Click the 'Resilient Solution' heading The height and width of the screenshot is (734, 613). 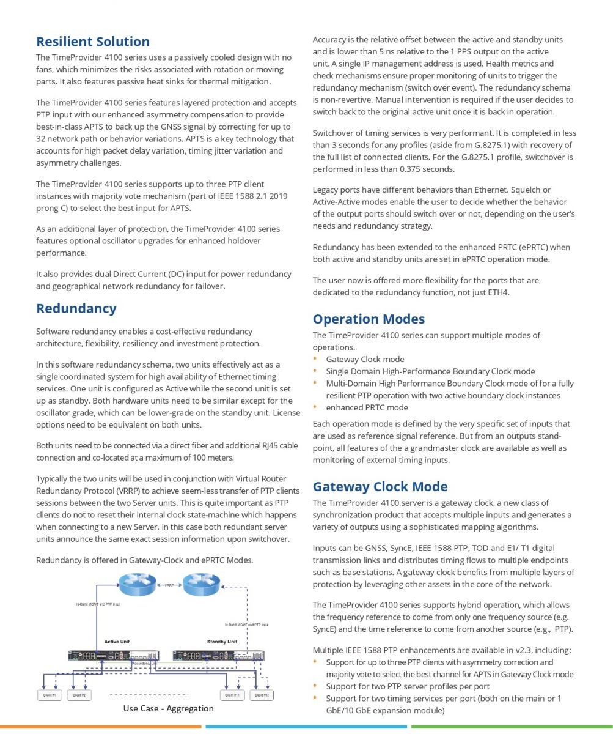92,42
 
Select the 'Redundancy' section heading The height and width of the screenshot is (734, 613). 76,308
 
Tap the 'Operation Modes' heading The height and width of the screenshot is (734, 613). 369,319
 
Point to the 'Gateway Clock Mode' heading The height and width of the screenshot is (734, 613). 380,486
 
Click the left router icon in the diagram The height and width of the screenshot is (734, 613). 137,584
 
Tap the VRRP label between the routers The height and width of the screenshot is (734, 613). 169,585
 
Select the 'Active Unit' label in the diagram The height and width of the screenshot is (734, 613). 117,642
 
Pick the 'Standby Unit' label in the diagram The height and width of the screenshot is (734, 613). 222,642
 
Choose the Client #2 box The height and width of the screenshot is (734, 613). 79,695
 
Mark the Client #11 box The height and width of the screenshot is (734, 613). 232,695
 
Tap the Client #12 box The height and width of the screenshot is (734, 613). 261,695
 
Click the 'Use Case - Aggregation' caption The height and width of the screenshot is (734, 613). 168,708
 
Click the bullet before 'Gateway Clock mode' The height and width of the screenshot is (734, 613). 315,359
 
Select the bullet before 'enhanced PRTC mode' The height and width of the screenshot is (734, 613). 315,407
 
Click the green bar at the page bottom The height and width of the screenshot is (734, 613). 512,727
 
